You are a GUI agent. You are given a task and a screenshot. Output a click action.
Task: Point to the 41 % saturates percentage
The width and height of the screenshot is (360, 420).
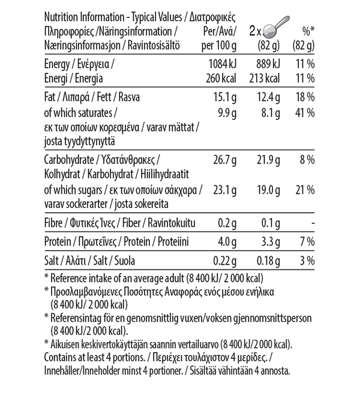click(x=305, y=113)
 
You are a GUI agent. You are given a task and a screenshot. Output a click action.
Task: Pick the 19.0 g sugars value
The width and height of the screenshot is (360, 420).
click(x=268, y=190)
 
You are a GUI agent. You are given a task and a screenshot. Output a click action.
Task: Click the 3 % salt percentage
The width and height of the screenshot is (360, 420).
click(x=308, y=260)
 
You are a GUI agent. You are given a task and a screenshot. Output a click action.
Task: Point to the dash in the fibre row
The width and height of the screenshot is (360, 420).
click(x=313, y=224)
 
